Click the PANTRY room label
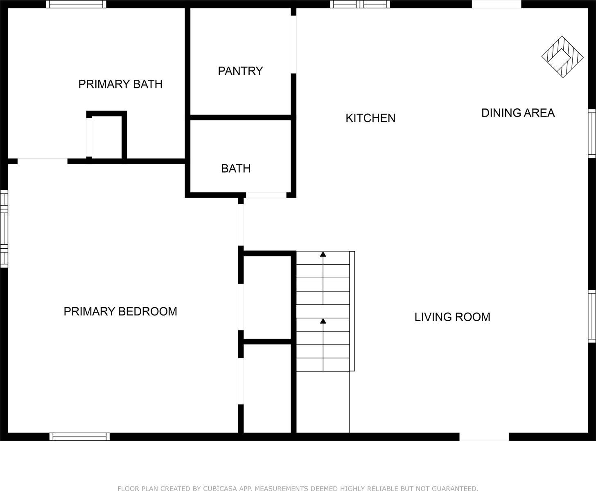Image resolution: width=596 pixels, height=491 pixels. point(240,71)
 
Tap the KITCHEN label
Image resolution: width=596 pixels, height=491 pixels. point(370,118)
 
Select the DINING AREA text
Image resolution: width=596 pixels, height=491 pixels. point(518,113)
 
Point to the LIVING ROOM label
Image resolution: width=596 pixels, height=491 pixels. point(452,317)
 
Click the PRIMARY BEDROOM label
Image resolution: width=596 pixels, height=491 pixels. point(120,311)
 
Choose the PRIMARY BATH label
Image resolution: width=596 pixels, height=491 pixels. point(120,84)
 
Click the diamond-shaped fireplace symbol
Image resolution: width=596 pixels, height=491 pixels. point(562,57)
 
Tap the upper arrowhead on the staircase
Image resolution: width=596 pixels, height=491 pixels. point(323,254)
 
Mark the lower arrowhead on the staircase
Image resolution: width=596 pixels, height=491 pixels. point(323,321)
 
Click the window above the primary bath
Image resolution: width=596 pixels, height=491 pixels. point(76,4)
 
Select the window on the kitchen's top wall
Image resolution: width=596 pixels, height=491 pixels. point(360,4)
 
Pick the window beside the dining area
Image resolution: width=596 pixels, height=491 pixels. point(592,133)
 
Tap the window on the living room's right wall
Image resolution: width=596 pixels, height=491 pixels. point(592,316)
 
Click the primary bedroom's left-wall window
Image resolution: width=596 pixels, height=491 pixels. point(4,229)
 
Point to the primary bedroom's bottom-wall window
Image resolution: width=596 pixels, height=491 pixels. point(80,437)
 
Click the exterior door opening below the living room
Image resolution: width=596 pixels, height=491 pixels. point(484,437)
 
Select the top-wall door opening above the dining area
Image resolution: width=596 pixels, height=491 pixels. point(497,4)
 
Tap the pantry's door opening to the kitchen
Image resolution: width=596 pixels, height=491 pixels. point(293,45)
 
